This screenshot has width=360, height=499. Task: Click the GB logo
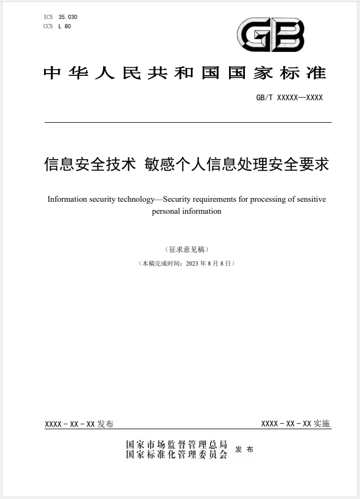270,34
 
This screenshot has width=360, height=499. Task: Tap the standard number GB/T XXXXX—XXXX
289,98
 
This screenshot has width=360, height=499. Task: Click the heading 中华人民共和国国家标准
184,73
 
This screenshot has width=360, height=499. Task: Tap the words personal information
187,211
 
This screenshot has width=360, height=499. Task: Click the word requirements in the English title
221,199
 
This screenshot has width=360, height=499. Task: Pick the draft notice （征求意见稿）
187,249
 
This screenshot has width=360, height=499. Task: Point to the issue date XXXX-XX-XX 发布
79,424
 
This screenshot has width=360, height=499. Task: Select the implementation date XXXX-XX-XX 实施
296,424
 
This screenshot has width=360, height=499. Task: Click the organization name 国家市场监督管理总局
177,444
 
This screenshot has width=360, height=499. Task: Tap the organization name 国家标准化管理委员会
177,454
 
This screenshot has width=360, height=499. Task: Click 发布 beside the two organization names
244,449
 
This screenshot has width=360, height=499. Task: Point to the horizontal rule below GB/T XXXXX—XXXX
188,123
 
